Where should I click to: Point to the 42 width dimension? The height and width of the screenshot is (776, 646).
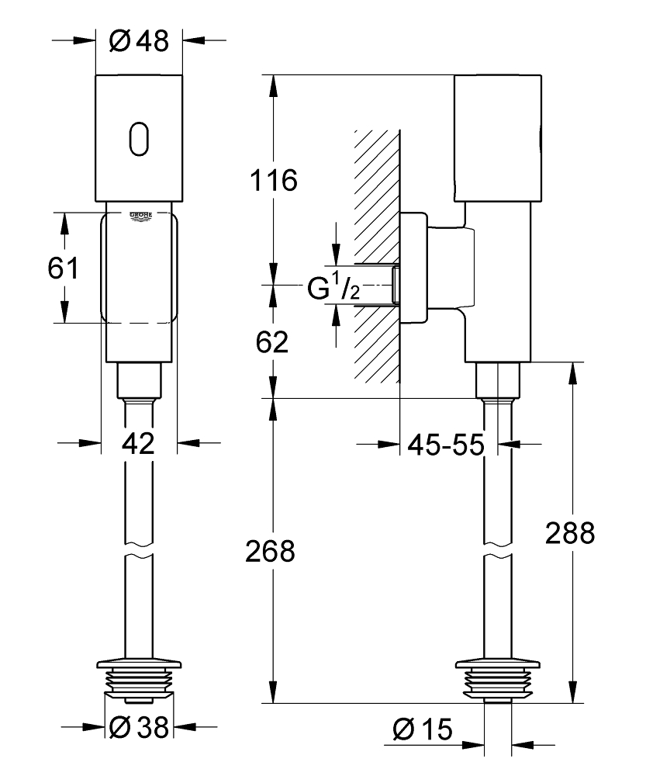[140, 444]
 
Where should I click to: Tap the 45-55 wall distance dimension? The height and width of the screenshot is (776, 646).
[446, 445]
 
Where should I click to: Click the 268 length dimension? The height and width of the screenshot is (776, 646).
[270, 552]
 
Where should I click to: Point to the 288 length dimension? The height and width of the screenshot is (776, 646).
[570, 532]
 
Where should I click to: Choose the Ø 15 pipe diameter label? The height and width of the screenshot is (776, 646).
[422, 727]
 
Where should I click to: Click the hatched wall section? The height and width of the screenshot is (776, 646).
[377, 256]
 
